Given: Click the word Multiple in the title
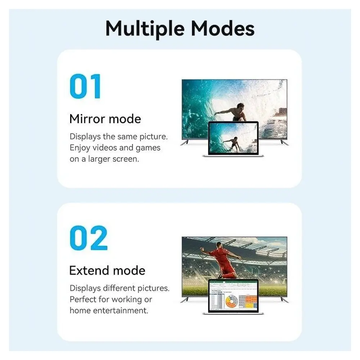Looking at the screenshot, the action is coord(145,29).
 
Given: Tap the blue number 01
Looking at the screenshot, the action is coord(85,86).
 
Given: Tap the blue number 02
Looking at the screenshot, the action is coord(89,238).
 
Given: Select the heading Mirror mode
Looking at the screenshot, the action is coord(105,119).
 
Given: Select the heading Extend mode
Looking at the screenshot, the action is coord(107,270).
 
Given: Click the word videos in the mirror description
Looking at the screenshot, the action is coord(105,148).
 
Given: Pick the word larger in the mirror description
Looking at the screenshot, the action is coord(99,159).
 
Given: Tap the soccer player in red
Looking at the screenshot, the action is coord(219,261).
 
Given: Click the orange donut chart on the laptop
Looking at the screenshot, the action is coord(231,301).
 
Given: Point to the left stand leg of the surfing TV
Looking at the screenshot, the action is coord(185,143).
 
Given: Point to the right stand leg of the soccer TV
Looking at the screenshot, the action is coord(284,300).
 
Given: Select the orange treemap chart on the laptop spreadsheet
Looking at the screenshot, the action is coord(251,301).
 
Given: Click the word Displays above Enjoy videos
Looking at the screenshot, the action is coord(85,136).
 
